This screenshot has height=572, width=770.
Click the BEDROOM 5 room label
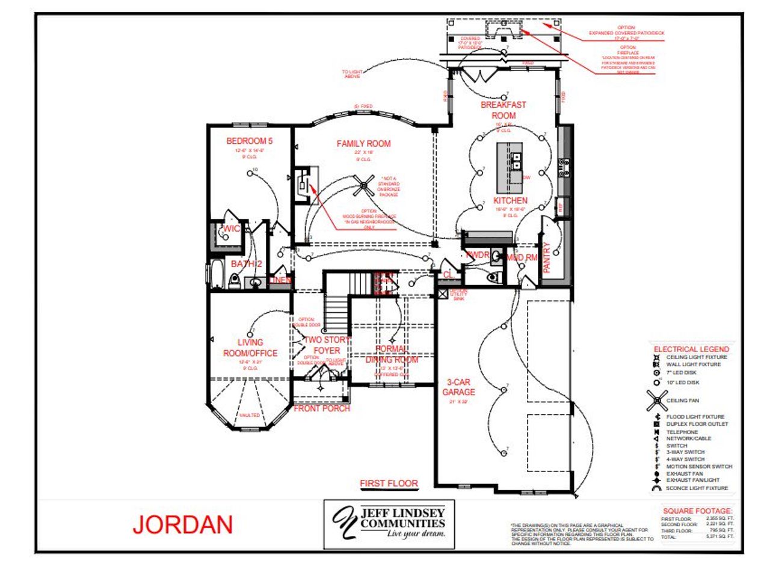[249, 141]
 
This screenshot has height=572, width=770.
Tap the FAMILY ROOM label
[363, 144]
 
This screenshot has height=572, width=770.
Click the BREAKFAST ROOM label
[504, 110]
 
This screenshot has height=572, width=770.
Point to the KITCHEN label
[511, 200]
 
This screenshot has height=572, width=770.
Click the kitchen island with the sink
[509, 163]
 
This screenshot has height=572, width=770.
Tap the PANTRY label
[547, 257]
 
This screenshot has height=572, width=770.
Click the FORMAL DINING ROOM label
[392, 354]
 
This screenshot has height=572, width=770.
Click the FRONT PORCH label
[322, 408]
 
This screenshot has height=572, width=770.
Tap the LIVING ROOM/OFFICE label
[250, 348]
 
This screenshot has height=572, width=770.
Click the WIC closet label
[232, 229]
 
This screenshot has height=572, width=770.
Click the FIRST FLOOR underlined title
[389, 483]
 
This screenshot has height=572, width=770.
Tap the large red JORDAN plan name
[182, 525]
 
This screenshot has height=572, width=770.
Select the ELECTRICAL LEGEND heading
[691, 349]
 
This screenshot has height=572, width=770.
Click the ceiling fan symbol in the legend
[657, 400]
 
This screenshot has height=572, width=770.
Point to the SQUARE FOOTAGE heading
[698, 510]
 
